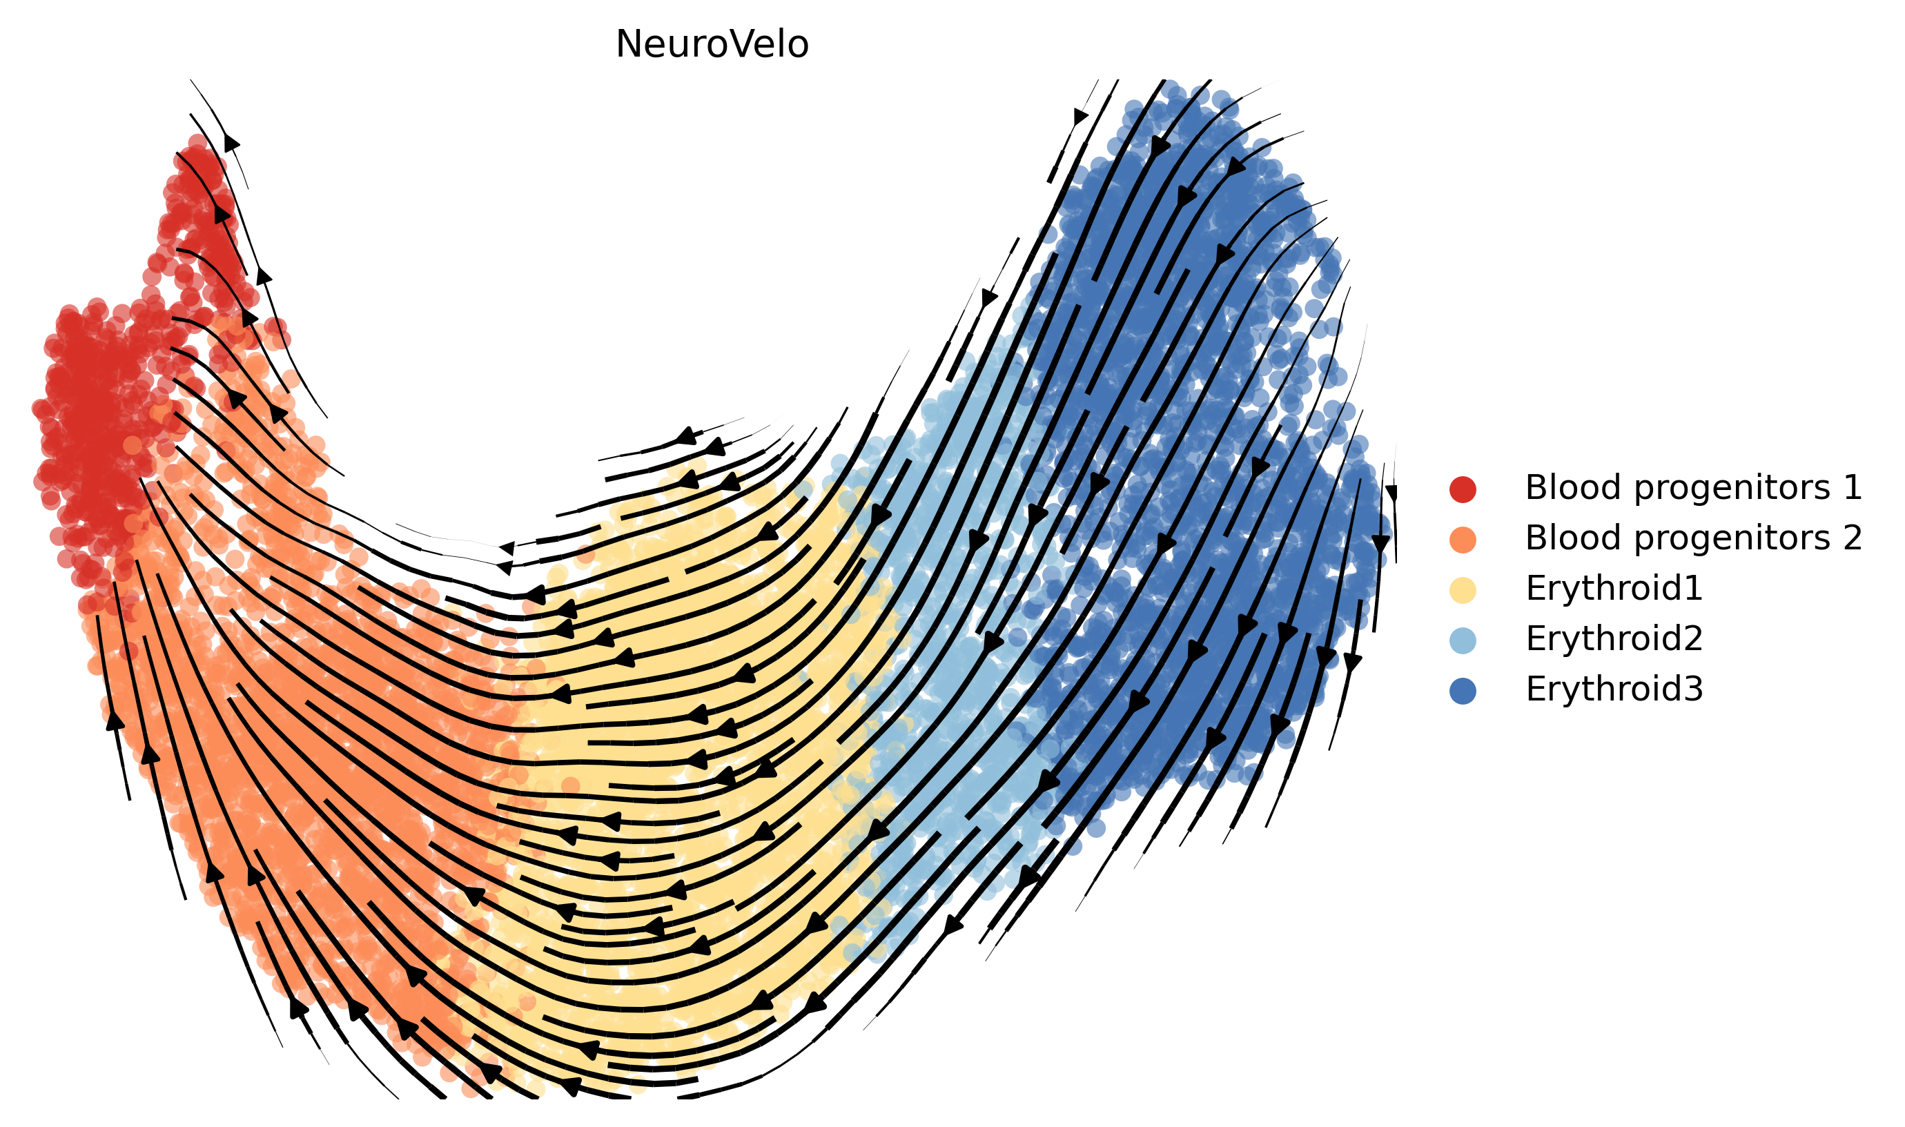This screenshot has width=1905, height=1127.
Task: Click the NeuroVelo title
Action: pyautogui.click(x=712, y=44)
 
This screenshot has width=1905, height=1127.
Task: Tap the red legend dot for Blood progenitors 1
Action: pyautogui.click(x=1463, y=489)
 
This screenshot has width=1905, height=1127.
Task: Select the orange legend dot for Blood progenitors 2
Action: pyautogui.click(x=1463, y=539)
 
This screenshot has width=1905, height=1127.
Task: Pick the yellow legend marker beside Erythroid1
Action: pyautogui.click(x=1463, y=590)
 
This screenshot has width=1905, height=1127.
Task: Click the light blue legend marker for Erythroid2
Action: pyautogui.click(x=1463, y=640)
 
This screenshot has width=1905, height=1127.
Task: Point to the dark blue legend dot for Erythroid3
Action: pyautogui.click(x=1463, y=691)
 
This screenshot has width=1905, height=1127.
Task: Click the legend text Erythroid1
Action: pyautogui.click(x=1614, y=589)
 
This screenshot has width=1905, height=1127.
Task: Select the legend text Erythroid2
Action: pyautogui.click(x=1614, y=638)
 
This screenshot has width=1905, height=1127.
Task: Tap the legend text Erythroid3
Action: pyautogui.click(x=1614, y=689)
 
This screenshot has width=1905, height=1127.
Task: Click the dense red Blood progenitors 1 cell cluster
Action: pyautogui.click(x=95, y=425)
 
